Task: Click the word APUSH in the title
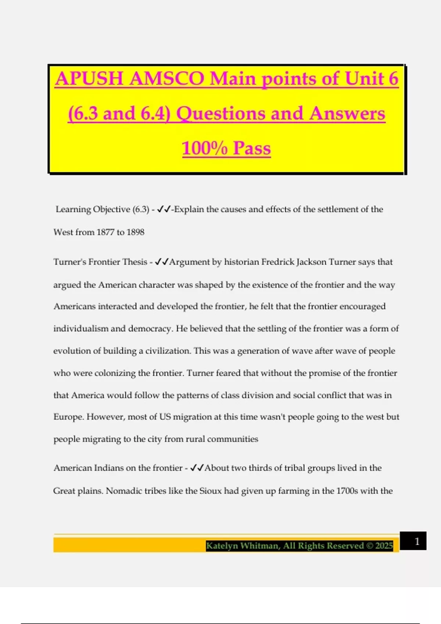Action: (89, 79)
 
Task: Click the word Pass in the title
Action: (252, 148)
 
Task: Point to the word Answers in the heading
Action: (347, 113)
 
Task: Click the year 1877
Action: (105, 232)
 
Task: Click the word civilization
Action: (168, 351)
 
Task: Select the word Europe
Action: (68, 417)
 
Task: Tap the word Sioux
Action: (210, 491)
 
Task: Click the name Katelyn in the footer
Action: (222, 546)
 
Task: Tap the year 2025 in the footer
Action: (384, 546)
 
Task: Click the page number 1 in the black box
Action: (417, 541)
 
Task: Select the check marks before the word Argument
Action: (162, 262)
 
